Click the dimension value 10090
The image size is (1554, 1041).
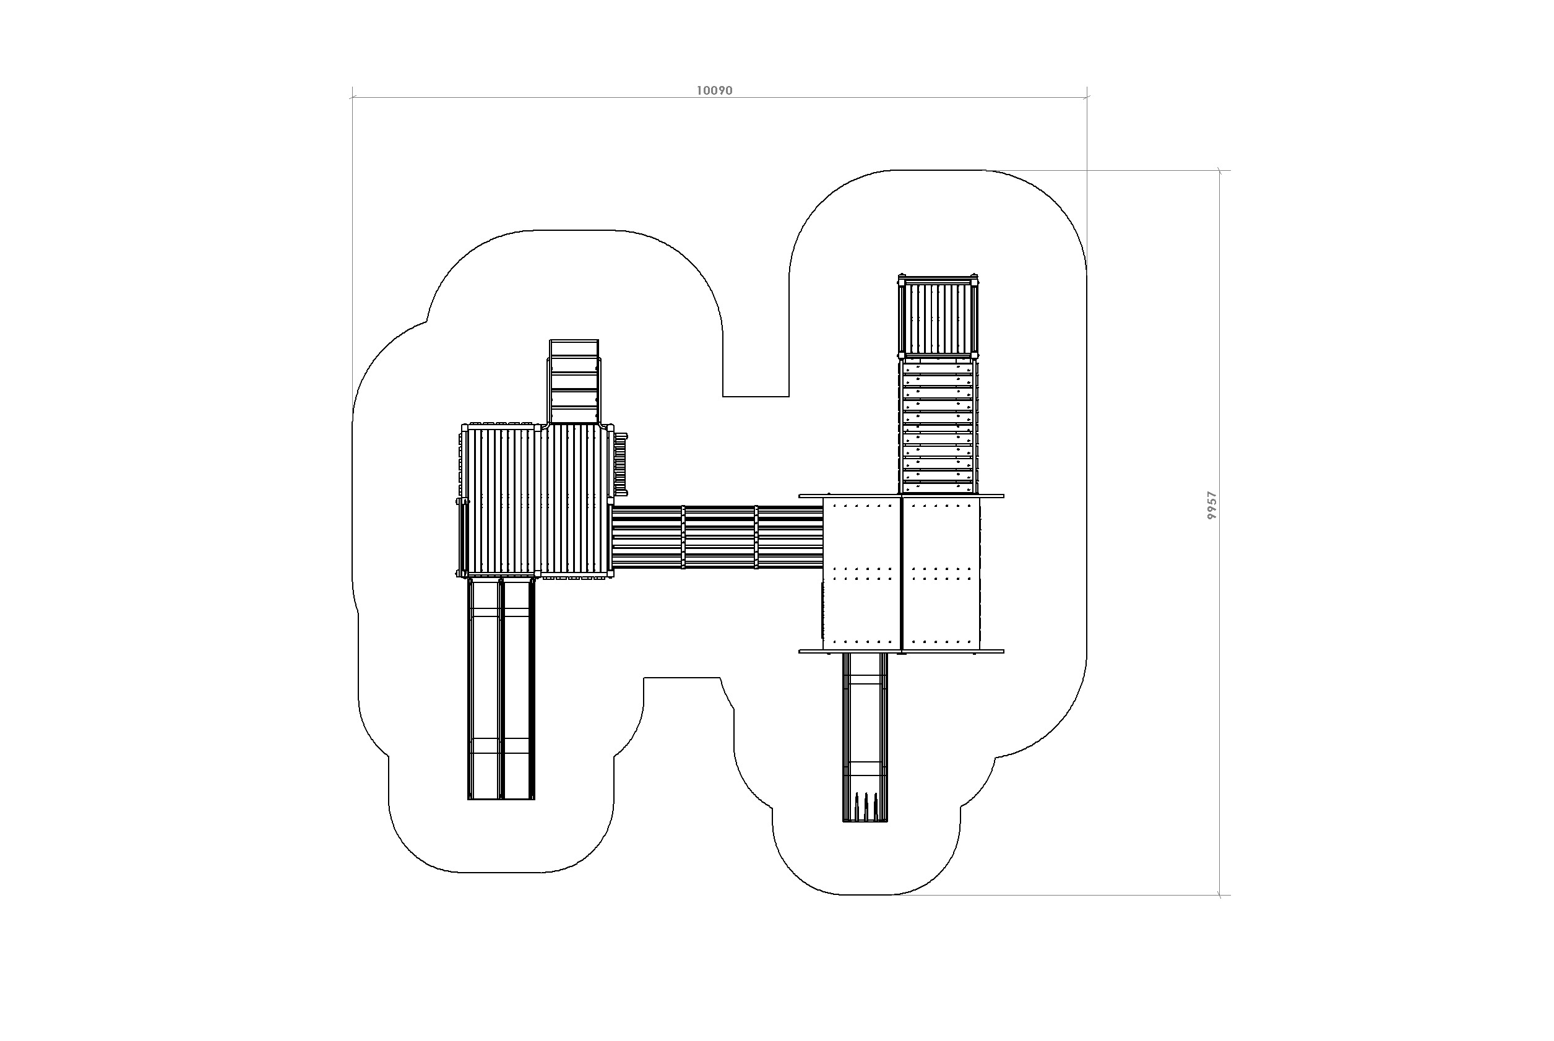[x=714, y=90]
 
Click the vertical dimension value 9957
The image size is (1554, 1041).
[x=1212, y=505]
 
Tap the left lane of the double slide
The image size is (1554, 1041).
[x=485, y=688]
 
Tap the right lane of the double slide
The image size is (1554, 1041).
[x=519, y=688]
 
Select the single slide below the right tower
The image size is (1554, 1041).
[x=865, y=738]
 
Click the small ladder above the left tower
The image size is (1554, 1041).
[x=574, y=382]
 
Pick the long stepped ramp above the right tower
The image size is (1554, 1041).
[x=939, y=427]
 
